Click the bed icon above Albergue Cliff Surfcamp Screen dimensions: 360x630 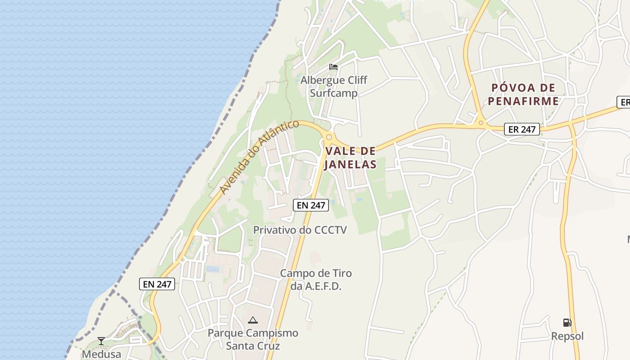pyautogui.click(x=333, y=67)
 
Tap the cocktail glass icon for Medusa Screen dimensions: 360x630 pyautogui.click(x=101, y=341)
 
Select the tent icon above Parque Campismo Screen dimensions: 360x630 pyautogui.click(x=253, y=320)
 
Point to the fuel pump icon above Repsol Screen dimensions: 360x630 pyautogui.click(x=567, y=322)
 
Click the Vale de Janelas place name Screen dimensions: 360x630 pyautogui.click(x=350, y=157)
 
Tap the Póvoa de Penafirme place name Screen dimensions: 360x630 pyautogui.click(x=523, y=94)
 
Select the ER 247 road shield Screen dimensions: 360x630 pyautogui.click(x=522, y=130)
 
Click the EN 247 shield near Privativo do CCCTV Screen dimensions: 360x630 pyautogui.click(x=311, y=205)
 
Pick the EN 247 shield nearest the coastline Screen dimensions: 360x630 pyautogui.click(x=157, y=284)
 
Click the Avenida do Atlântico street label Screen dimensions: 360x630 pyautogui.click(x=259, y=157)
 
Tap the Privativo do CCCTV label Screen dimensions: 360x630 pyautogui.click(x=300, y=230)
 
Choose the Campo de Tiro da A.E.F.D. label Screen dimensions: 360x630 pyautogui.click(x=316, y=279)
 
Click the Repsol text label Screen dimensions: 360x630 pyautogui.click(x=567, y=336)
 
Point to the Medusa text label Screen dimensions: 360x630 pyautogui.click(x=101, y=354)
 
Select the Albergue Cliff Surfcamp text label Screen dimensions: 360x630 pyautogui.click(x=334, y=86)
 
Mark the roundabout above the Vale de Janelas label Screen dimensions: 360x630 pyautogui.click(x=329, y=137)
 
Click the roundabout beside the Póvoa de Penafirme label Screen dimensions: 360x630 pyautogui.click(x=481, y=122)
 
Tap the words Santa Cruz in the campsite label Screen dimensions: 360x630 pyautogui.click(x=253, y=346)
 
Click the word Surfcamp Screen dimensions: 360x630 pyautogui.click(x=334, y=93)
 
